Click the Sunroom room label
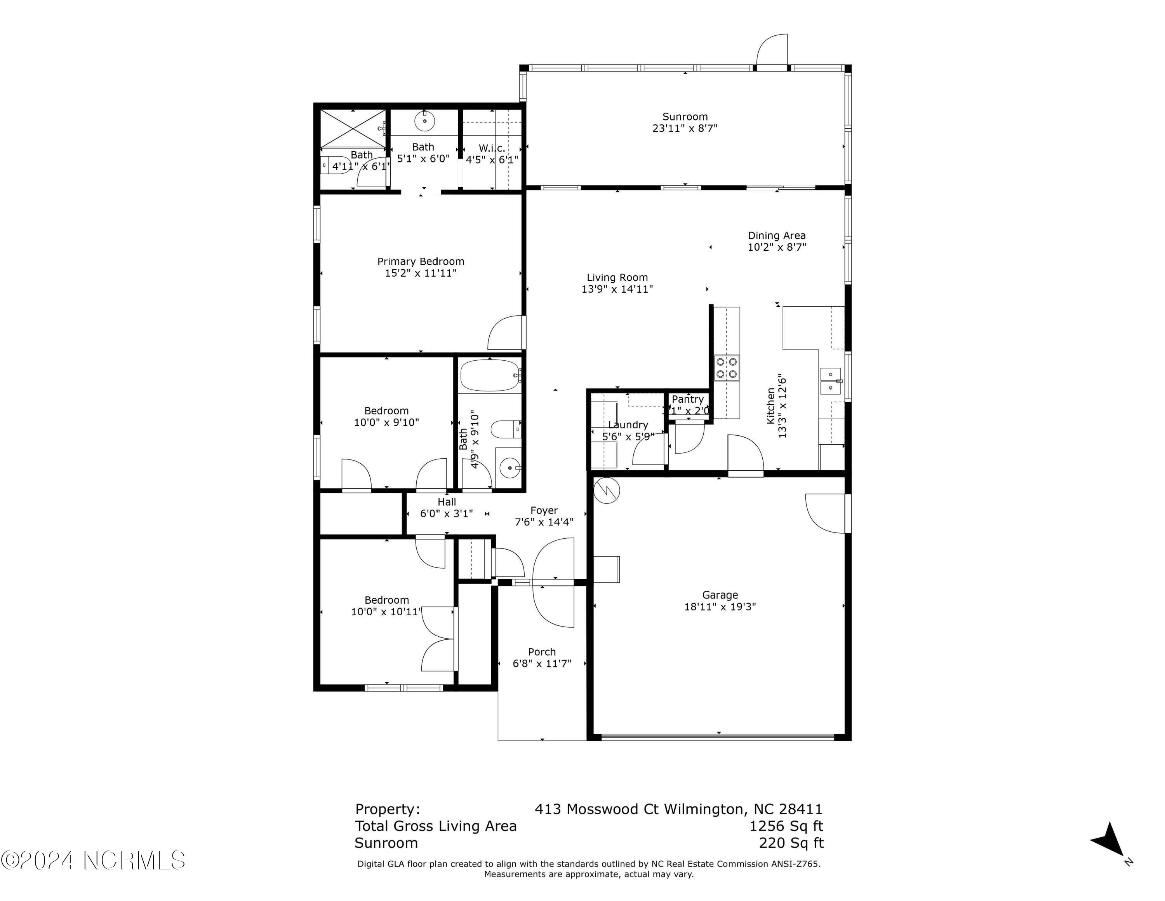tap(685, 116)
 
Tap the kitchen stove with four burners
tap(727, 367)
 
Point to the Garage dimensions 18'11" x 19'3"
tap(720, 607)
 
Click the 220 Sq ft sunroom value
tap(791, 843)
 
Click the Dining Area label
tap(776, 236)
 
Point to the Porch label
tap(542, 652)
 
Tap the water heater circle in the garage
tap(607, 490)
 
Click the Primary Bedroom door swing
tap(505, 334)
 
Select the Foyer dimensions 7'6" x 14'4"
tap(544, 522)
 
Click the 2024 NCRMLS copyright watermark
tap(93, 861)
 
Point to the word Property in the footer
tap(387, 809)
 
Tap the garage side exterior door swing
tap(825, 513)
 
